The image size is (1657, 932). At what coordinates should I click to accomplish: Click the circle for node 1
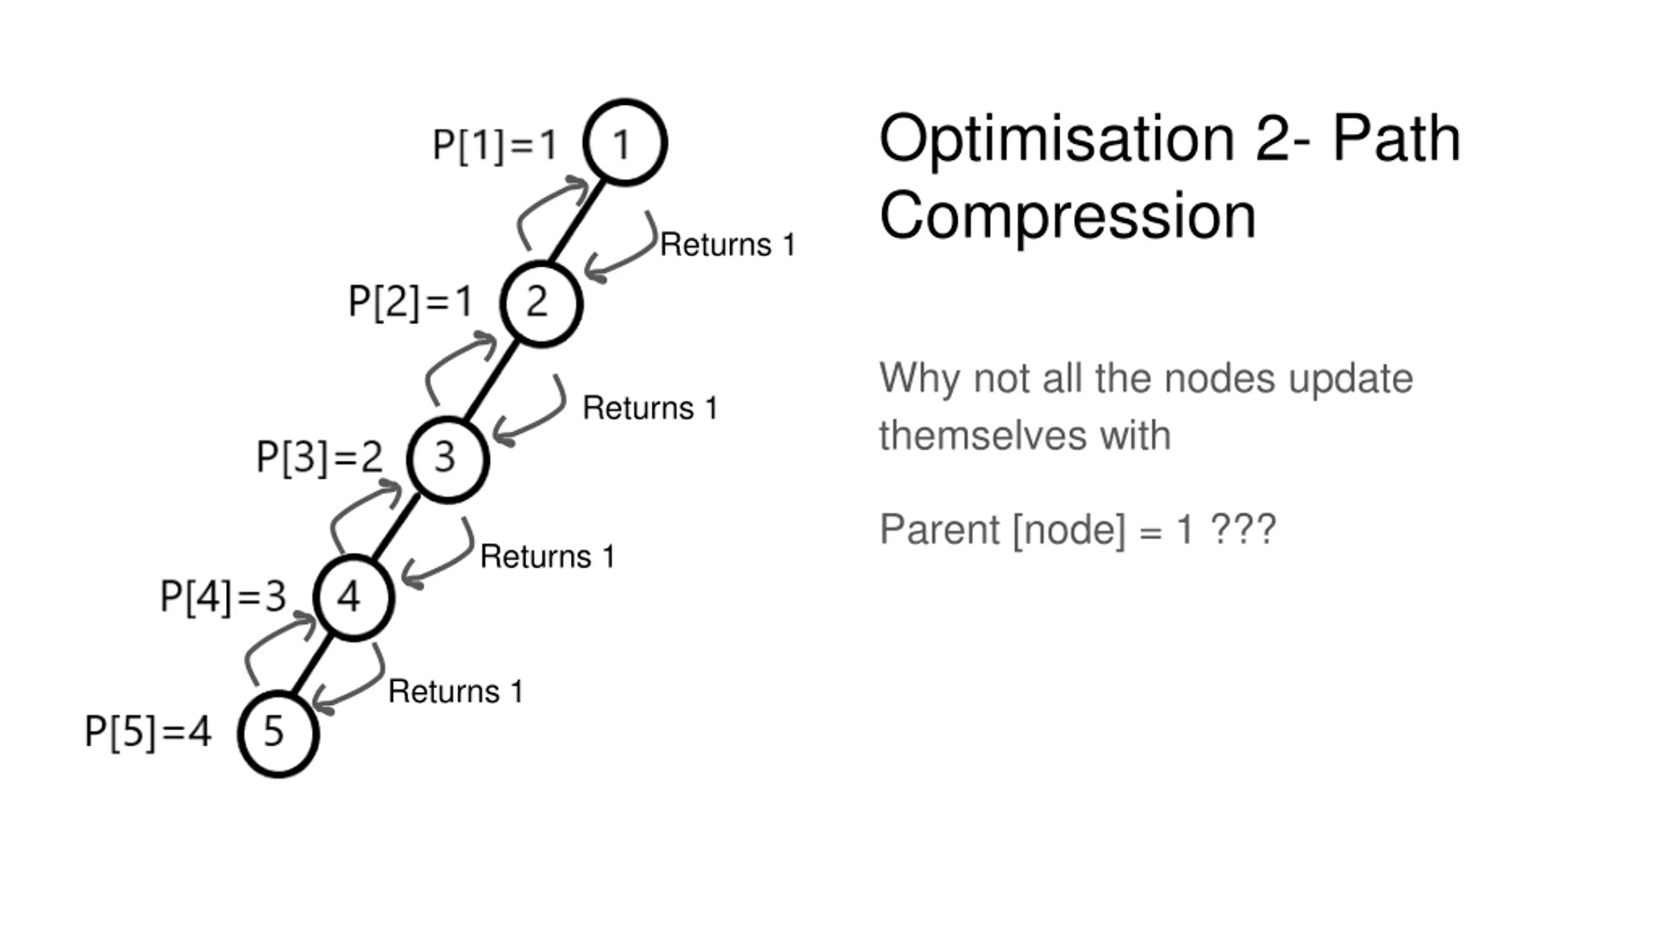point(625,142)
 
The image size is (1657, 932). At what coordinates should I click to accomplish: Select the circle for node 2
point(541,304)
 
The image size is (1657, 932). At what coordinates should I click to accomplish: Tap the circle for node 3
point(447,459)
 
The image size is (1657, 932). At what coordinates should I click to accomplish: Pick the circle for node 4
point(353,597)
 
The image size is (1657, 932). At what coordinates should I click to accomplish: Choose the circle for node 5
point(278,733)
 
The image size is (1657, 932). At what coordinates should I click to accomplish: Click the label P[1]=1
point(495,144)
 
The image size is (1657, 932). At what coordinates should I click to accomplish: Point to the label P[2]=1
point(410,302)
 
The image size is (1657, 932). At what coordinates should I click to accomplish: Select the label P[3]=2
point(319,458)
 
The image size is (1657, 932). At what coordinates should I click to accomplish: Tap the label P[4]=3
point(223,597)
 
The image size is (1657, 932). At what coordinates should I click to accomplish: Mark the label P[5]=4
point(148,733)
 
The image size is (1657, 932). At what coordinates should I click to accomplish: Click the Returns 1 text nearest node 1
point(727,245)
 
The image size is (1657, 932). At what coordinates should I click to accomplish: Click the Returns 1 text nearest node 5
point(456,692)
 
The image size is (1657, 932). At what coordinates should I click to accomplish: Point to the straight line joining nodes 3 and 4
point(395,527)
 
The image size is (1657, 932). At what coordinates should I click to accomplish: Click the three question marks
point(1243,529)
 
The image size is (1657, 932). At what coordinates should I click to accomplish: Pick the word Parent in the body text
point(939,529)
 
